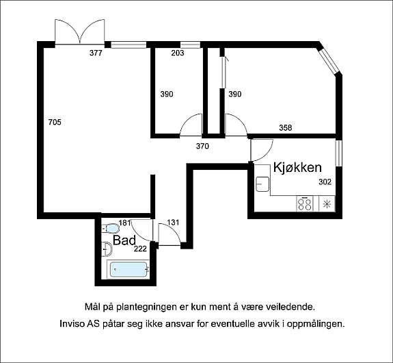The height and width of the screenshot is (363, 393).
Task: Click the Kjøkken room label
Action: [x=297, y=167]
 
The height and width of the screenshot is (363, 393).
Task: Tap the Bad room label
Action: [x=124, y=240]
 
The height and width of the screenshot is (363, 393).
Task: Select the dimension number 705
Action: [x=55, y=123]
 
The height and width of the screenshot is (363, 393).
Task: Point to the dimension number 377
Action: [x=96, y=53]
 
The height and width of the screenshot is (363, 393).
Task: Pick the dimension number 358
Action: [x=286, y=127]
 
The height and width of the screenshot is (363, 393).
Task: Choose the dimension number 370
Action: [x=202, y=145]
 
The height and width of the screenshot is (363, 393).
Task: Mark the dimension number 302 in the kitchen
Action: [x=325, y=182]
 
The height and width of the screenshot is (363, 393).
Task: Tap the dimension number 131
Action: [x=173, y=222]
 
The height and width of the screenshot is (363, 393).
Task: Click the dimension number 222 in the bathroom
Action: [x=140, y=249]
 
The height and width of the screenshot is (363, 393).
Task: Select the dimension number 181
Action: [x=124, y=223]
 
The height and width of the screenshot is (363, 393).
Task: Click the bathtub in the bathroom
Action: [x=128, y=270]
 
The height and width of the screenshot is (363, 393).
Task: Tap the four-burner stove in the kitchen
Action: [x=305, y=203]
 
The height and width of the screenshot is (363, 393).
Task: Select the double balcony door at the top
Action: [x=80, y=32]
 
